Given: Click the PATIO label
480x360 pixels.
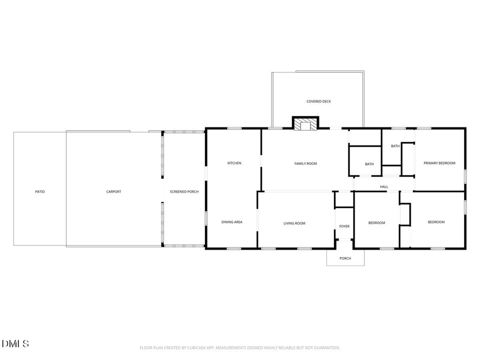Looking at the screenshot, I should [40, 191].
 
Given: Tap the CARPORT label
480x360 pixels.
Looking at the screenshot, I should [114, 191].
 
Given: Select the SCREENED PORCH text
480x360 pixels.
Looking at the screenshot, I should [184, 191].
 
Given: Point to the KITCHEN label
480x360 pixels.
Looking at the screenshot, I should [235, 163].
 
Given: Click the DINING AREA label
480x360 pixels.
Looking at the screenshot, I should [232, 222].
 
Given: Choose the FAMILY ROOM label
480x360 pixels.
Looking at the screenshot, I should [306, 164].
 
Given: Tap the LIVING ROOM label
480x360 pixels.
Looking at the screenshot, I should [294, 223].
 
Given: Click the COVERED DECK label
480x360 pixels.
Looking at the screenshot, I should [318, 101].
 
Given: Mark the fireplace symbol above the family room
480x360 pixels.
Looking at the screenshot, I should [306, 124].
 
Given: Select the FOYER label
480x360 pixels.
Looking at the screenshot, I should [345, 227].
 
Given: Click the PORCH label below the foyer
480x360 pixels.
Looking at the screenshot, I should [346, 259].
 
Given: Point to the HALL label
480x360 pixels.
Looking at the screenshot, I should [384, 187].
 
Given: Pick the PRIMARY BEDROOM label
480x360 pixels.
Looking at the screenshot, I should [439, 163].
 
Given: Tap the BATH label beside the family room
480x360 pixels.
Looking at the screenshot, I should [369, 164].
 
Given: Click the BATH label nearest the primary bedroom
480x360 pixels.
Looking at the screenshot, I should [395, 146].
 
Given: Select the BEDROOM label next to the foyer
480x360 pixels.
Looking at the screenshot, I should [377, 223].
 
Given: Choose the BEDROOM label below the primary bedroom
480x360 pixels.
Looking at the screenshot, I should [436, 222].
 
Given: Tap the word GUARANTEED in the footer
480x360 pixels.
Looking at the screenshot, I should [325, 348].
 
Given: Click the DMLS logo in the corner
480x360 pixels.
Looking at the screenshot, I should [15, 343].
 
